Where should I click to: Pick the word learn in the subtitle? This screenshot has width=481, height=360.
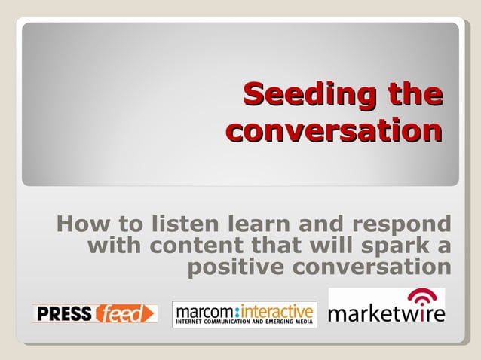tap(257, 224)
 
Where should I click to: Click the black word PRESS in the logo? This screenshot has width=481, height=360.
tap(63, 313)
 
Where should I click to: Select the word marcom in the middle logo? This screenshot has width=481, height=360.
tap(203, 310)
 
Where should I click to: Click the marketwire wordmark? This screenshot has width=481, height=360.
tap(386, 312)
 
